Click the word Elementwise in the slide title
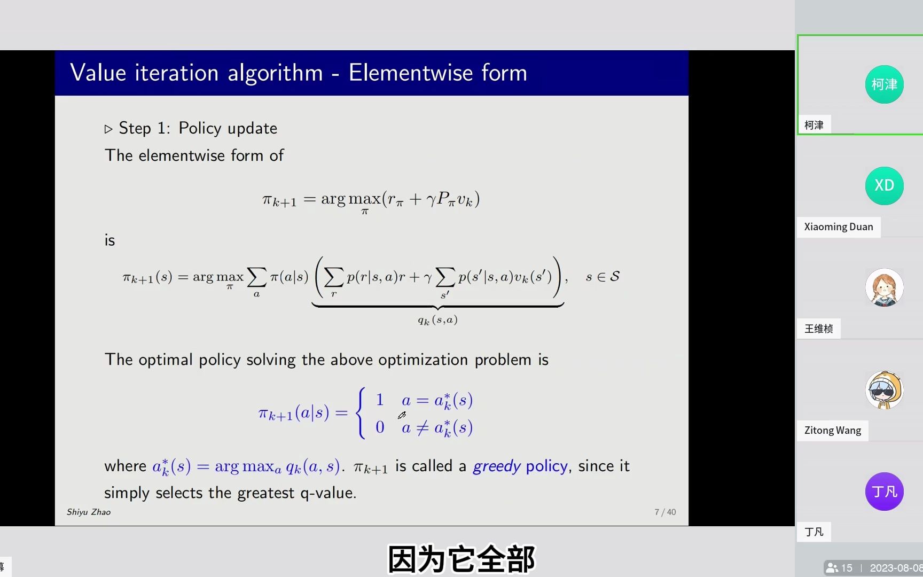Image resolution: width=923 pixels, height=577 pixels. pos(411,73)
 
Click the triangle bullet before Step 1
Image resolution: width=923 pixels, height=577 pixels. pos(108,129)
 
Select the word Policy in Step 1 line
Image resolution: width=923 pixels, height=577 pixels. pos(200,128)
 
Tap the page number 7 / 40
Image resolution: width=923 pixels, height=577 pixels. pos(665,512)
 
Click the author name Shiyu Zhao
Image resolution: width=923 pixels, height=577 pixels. pos(89,512)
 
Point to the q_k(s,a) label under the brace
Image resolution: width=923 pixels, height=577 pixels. pos(437,320)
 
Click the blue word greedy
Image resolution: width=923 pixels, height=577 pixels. pos(496,466)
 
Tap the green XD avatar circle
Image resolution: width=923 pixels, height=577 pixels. pos(884,186)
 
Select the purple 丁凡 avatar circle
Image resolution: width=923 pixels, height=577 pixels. pos(884,492)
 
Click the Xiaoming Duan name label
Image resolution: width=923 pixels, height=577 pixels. pos(838,227)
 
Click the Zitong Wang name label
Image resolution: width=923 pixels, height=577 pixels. pos(832,431)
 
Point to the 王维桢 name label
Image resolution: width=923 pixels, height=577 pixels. pos(818,329)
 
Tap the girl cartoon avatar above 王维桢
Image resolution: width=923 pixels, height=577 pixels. pos(884,287)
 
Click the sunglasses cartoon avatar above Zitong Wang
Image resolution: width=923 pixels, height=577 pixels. pos(884,390)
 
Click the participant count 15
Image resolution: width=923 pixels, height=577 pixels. pos(846,568)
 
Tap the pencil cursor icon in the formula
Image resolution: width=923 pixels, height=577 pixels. pos(402,415)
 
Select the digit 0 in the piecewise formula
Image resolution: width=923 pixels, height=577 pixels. pos(380,427)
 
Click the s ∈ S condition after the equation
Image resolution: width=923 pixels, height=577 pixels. pos(603,277)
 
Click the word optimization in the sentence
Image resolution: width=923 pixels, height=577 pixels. pos(423,360)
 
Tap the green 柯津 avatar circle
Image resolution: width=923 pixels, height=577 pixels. pos(884,84)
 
